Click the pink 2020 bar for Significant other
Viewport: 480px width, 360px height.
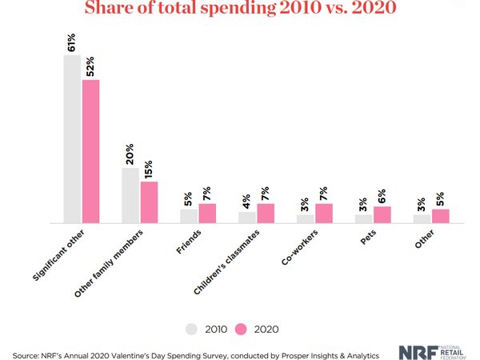[x=90, y=151]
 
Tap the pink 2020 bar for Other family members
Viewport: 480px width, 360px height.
[x=149, y=202]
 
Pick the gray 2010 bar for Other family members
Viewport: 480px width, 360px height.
[x=130, y=195]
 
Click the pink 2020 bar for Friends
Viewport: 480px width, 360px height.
[x=207, y=214]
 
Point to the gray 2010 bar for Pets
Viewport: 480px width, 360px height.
[x=364, y=218]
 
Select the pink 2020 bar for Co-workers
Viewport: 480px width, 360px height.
[x=324, y=214]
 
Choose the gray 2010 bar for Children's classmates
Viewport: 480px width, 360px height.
[x=247, y=218]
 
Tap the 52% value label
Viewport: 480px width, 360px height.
[x=91, y=66]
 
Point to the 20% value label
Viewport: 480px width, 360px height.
[x=130, y=154]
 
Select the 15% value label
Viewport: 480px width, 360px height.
[x=149, y=168]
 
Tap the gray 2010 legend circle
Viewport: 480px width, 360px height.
[x=191, y=328]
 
